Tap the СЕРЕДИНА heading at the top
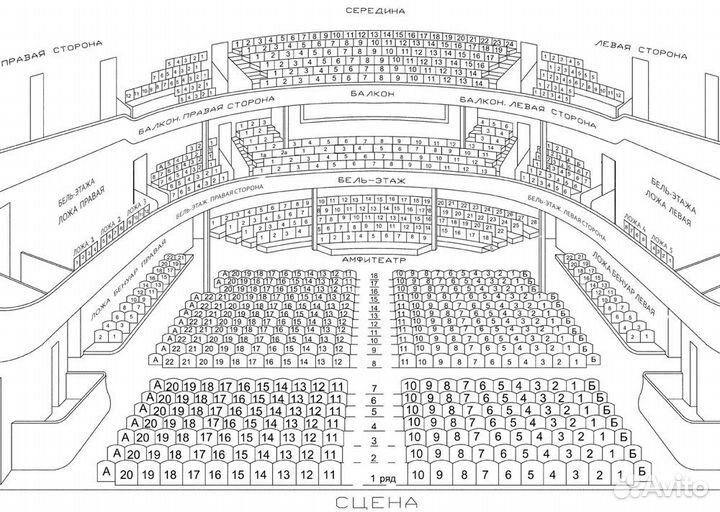[x=374, y=9]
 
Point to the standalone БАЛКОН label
[x=372, y=94]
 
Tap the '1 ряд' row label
[x=374, y=477]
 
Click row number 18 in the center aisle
[x=374, y=275]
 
